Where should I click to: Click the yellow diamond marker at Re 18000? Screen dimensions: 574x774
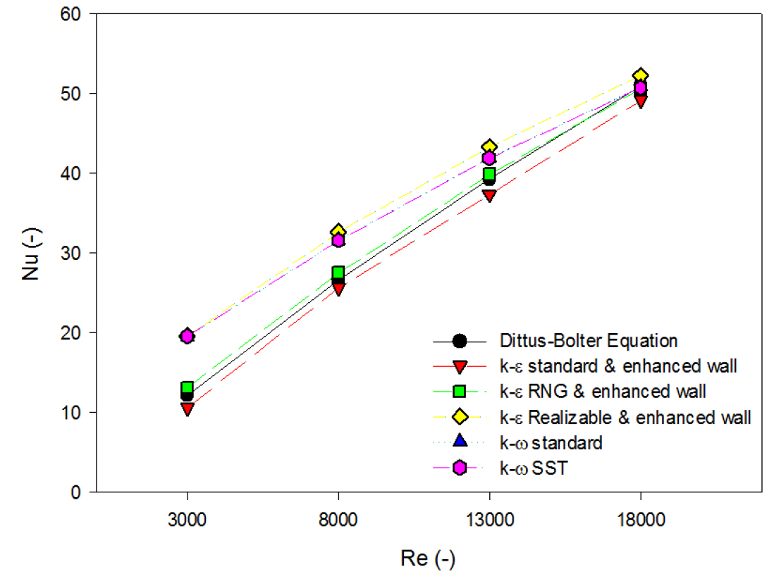[640, 76]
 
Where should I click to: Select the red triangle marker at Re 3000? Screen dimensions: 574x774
[187, 408]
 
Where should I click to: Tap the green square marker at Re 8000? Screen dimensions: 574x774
[338, 273]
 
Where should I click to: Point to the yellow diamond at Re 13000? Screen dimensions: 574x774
[489, 147]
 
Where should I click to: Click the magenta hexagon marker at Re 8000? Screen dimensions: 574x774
[338, 240]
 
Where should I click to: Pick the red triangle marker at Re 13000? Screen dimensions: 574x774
[489, 195]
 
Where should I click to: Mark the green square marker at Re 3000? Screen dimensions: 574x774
[187, 387]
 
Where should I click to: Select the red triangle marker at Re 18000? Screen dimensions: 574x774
[640, 101]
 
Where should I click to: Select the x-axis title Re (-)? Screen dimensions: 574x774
[427, 559]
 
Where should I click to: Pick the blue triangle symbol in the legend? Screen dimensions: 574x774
[460, 442]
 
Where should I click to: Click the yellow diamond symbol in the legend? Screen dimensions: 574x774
[460, 417]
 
